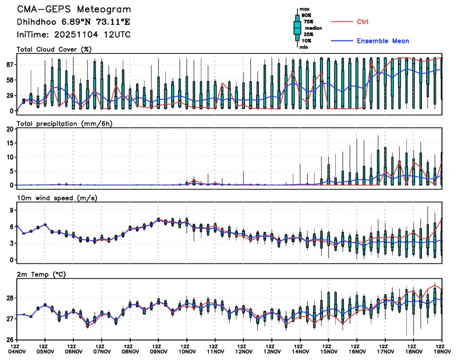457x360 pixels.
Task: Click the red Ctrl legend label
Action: click(363, 21)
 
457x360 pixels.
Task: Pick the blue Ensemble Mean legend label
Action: click(383, 41)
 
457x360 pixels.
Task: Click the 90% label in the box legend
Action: click(307, 16)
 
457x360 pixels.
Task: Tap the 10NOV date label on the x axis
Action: click(187, 351)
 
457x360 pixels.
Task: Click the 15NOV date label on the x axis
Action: click(329, 351)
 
